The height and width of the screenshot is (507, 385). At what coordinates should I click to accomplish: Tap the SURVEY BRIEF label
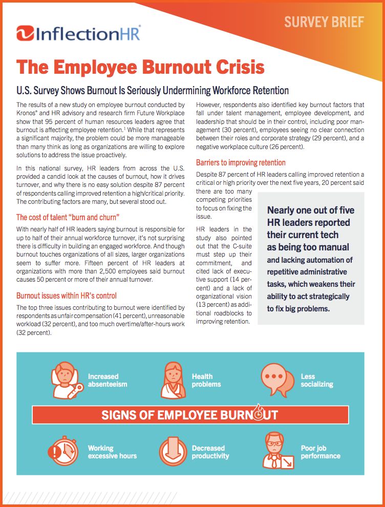(x=324, y=22)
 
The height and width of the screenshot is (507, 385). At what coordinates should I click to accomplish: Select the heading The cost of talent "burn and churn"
(x=68, y=217)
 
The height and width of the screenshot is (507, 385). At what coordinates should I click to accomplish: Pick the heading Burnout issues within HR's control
(x=67, y=295)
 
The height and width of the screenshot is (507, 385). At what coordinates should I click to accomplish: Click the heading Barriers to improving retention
(x=241, y=163)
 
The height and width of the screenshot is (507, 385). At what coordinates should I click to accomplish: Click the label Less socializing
(x=316, y=381)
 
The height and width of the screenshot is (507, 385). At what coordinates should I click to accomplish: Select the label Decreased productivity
(x=210, y=452)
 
